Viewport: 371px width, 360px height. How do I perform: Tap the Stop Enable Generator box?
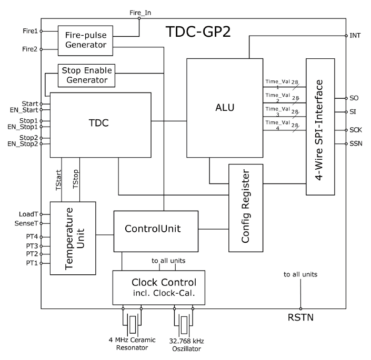(86, 75)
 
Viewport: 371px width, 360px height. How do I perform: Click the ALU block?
(225, 108)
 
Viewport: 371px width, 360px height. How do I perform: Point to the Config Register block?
(245, 208)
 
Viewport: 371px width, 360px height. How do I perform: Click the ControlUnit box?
(156, 231)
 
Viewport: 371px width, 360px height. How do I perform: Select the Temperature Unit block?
(73, 238)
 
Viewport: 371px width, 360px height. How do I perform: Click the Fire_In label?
(139, 12)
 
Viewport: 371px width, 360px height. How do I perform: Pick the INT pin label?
(355, 36)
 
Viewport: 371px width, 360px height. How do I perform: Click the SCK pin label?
(356, 129)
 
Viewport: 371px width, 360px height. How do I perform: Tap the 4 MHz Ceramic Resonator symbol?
(132, 322)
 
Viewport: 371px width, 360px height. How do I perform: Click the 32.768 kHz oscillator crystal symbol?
(184, 322)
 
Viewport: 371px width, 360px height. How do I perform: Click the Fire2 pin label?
(29, 49)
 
